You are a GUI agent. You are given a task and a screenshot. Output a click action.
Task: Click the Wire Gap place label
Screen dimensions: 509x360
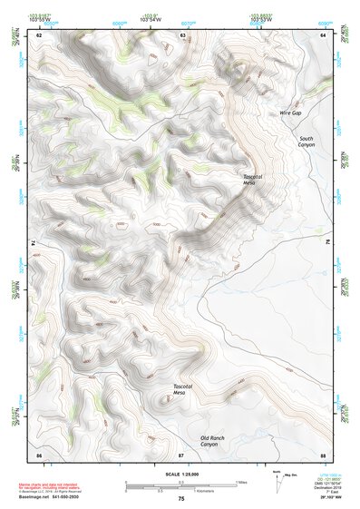[x=291, y=113]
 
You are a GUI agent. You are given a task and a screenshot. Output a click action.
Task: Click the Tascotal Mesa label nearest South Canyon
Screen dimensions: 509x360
[x=253, y=179]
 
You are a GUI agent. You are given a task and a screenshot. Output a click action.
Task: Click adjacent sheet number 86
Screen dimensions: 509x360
[x=39, y=454]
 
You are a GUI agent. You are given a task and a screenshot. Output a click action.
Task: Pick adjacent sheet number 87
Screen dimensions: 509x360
[x=181, y=454]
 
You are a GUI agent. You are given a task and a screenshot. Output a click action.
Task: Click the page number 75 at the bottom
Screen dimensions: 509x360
[x=181, y=499]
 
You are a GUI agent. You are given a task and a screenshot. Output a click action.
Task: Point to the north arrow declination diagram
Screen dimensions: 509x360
[x=278, y=476]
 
